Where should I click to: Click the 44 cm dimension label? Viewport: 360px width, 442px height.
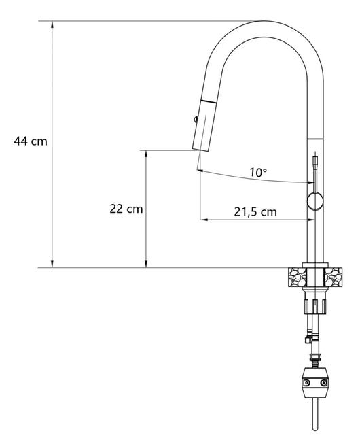click(31, 141)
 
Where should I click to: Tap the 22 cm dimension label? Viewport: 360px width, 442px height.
click(126, 209)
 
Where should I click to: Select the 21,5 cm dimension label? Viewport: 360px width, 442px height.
click(255, 211)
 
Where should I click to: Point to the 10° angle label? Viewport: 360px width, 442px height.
click(258, 172)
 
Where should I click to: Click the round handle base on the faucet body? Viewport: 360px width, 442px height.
click(314, 201)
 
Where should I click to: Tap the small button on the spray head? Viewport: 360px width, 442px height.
click(196, 120)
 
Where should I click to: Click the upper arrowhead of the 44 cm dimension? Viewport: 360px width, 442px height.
click(52, 24)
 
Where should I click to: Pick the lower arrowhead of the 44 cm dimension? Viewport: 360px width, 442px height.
click(52, 264)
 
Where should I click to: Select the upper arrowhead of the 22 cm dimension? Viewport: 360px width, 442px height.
click(146, 154)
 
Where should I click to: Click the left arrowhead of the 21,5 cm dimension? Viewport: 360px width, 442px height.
click(204, 220)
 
